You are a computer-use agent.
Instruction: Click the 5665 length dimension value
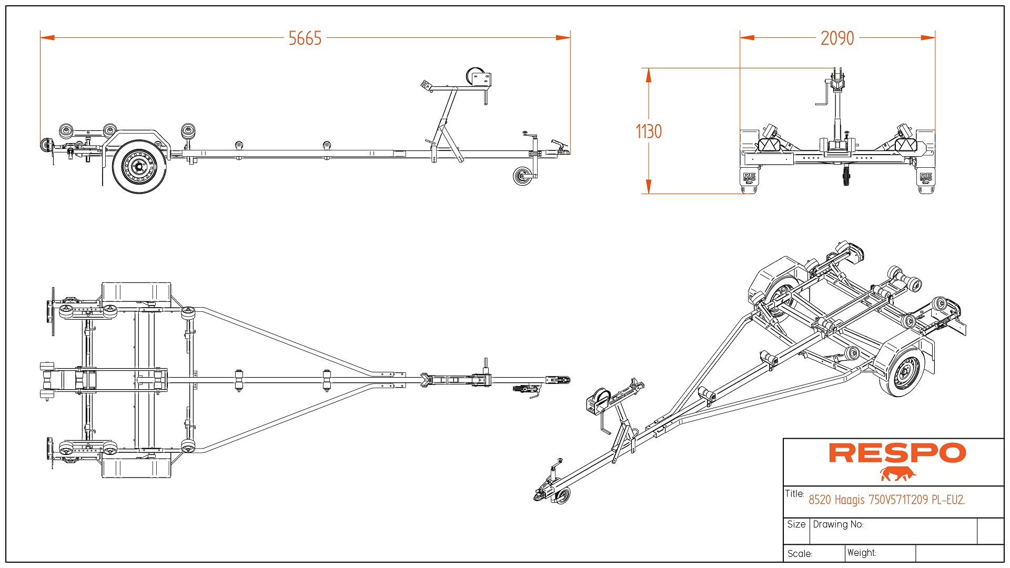pos(305,38)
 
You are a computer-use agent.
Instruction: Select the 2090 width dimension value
pos(837,38)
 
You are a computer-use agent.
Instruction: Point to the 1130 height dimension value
pos(649,131)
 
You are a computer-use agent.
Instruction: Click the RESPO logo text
pos(897,453)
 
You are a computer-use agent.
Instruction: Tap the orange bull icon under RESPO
pos(897,474)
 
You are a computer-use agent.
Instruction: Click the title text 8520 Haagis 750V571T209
pos(886,500)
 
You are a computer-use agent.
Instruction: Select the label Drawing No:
pos(838,524)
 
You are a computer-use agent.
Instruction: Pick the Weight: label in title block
pos(862,553)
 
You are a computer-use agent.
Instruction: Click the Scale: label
pos(800,554)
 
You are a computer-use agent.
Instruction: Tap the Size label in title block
pos(796,524)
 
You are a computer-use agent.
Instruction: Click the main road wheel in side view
pos(139,166)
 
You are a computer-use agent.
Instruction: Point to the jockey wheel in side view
pos(522,176)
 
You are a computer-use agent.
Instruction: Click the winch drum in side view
pos(476,76)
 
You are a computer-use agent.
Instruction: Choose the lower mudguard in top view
pos(136,468)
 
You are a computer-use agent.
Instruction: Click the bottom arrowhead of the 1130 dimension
pos(649,187)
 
